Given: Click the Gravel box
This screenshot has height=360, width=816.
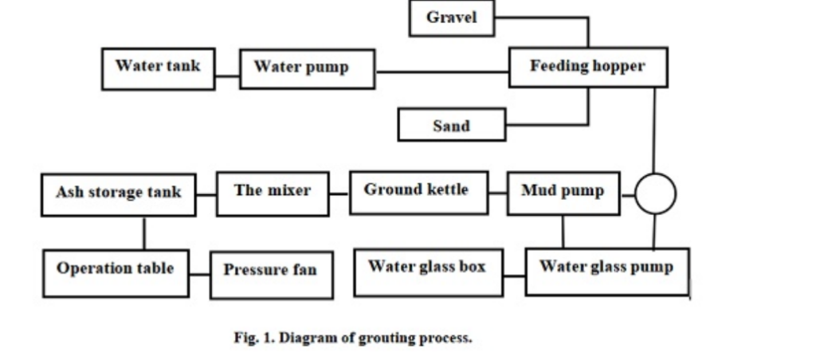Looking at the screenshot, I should click(451, 18).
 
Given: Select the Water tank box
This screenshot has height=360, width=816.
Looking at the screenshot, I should click(158, 68).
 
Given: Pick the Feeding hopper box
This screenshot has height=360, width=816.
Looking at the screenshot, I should click(587, 67).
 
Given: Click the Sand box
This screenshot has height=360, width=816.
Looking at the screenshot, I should click(451, 126).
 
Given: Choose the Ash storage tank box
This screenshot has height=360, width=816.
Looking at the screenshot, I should click(118, 194).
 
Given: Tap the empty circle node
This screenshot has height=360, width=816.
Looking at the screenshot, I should click(655, 194).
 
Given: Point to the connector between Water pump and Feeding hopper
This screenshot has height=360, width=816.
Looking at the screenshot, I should click(442, 72).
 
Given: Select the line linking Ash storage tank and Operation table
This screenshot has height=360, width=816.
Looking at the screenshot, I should click(144, 233).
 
